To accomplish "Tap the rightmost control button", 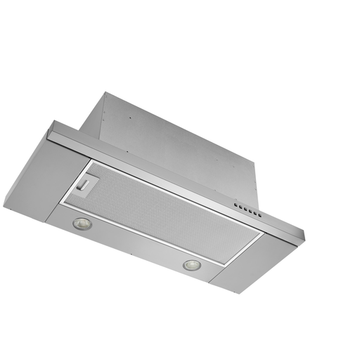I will coord(259,215).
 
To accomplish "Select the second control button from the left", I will coord(240,207).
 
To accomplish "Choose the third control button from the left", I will coord(245,209).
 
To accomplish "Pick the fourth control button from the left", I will coord(250,211).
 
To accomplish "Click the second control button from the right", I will coord(255,213).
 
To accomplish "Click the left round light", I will coord(81,224).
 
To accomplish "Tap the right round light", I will coord(191,265).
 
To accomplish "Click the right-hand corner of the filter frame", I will coord(264,233).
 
